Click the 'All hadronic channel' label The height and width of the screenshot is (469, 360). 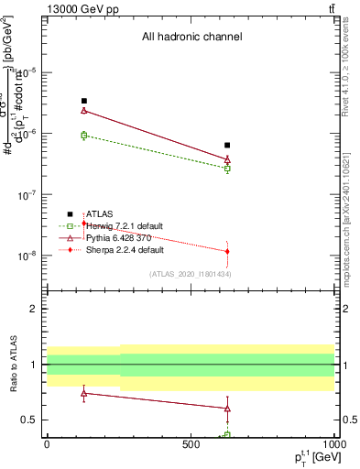coord(191,38)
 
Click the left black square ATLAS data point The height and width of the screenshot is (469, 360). coord(84,101)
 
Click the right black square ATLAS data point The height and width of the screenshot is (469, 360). coord(227,145)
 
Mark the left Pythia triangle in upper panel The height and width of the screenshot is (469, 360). coord(84,111)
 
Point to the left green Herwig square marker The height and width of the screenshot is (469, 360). coord(84,136)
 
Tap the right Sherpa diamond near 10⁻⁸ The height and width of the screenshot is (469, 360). coord(227,251)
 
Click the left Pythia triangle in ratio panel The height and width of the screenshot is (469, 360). coord(84,393)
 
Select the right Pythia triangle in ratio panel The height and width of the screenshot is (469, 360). coord(227,409)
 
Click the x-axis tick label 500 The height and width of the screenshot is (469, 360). coord(190,443)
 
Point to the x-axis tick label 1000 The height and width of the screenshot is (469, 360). coord(333,443)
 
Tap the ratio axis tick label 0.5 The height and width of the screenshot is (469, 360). coord(31,420)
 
